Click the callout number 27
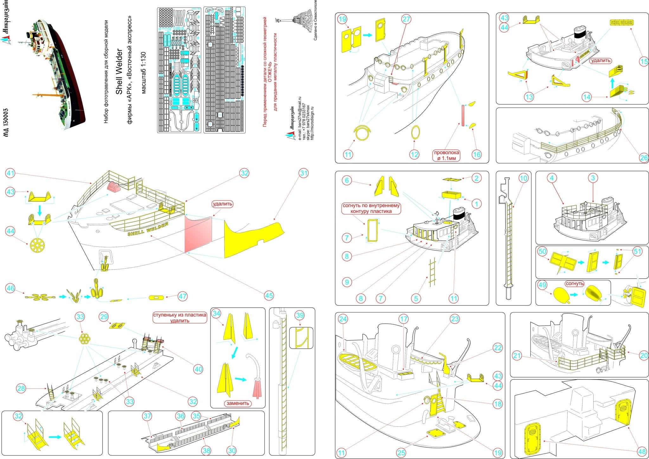click(x=407, y=19)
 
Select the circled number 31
click(x=304, y=173)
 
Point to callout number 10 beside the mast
click(x=523, y=178)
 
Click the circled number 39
click(x=299, y=315)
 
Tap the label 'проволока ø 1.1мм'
click(x=447, y=155)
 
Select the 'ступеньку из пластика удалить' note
click(x=180, y=318)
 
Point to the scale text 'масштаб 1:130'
click(x=143, y=73)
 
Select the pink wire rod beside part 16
click(x=463, y=116)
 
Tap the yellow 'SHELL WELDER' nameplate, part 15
click(x=621, y=22)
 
